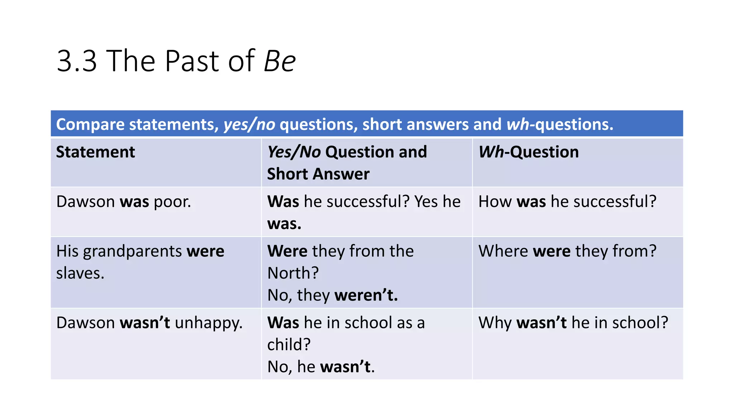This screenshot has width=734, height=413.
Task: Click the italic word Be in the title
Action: coord(280,61)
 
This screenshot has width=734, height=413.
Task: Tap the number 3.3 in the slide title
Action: coord(77,61)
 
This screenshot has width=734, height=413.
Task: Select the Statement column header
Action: coord(95,152)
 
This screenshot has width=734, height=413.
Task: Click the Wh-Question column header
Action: coord(529,152)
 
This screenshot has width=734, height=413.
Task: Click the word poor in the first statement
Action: coord(172,202)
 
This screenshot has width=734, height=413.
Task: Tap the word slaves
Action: coord(80,274)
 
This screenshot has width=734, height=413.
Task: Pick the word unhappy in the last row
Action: coord(209,323)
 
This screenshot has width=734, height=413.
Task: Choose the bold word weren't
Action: coord(366,295)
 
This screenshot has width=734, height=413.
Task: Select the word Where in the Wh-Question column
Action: coord(503,251)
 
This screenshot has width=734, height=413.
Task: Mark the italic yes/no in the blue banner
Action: coord(249,124)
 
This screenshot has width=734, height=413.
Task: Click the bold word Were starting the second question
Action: coord(287,251)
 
